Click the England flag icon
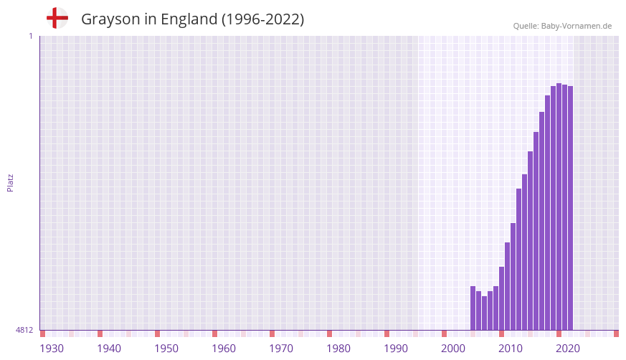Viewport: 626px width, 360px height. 57,18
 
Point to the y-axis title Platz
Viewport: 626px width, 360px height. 10,182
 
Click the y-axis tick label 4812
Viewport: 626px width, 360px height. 24,330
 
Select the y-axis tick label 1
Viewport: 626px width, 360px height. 30,36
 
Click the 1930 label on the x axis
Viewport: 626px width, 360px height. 52,349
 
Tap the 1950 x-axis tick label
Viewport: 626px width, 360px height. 166,349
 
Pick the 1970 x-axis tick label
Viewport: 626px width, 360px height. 281,349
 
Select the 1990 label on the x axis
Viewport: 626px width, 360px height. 396,349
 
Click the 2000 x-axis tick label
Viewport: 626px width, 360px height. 453,349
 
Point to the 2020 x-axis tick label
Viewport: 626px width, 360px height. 568,349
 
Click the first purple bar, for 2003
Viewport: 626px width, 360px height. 473,308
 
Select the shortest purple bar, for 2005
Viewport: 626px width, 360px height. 485,313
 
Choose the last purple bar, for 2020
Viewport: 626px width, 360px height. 571,208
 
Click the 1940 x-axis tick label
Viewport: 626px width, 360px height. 109,349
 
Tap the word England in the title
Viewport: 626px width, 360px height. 189,19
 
